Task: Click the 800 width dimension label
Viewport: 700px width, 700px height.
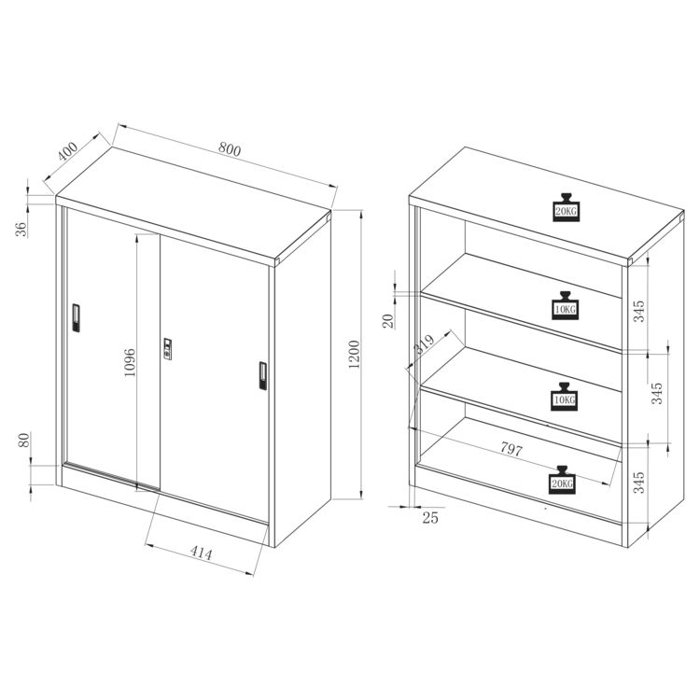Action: click(230, 149)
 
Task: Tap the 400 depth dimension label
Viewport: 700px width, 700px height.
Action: click(68, 151)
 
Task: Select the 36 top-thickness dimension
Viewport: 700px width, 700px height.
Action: click(21, 229)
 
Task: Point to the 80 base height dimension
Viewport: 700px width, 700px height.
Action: click(24, 440)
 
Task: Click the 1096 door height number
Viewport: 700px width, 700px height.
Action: click(130, 362)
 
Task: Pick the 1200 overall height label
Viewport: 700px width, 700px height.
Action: click(354, 354)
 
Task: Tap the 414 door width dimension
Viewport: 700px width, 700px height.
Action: click(202, 553)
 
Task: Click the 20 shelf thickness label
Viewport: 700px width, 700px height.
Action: click(388, 321)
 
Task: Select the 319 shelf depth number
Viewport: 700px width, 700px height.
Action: click(424, 343)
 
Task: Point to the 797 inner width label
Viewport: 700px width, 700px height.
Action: click(511, 448)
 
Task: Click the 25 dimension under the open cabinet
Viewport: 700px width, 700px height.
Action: click(430, 518)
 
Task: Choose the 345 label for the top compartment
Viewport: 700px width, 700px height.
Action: click(639, 311)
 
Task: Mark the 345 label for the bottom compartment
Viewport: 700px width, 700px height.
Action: click(639, 483)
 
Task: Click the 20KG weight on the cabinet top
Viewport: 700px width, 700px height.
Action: click(567, 207)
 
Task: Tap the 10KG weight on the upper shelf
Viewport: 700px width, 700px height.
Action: click(565, 305)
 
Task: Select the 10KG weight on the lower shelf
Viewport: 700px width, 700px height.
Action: click(565, 397)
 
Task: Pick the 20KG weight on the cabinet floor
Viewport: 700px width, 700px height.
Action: click(563, 480)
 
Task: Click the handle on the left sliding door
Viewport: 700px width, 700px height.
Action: click(76, 318)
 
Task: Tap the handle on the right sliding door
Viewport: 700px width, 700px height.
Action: click(263, 376)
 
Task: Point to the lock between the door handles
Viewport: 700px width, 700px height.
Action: click(167, 349)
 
